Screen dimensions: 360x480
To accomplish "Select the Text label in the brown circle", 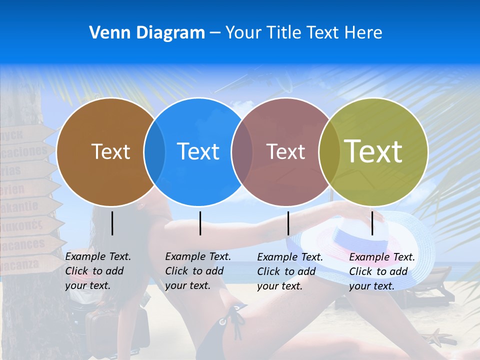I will [x=110, y=151].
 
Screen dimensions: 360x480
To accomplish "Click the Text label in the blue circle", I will [x=198, y=151].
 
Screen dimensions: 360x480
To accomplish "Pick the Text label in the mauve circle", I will [x=285, y=151].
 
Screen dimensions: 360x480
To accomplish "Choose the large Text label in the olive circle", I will [x=373, y=151].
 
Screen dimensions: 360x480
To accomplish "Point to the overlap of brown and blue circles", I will [x=154, y=151].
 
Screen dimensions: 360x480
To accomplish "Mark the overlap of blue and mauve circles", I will [x=242, y=151].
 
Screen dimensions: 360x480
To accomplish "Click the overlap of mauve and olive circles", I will [x=329, y=151].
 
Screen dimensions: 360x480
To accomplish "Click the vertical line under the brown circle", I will [x=112, y=223].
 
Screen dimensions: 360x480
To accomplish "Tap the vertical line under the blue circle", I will [x=200, y=223].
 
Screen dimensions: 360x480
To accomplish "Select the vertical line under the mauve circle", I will [x=288, y=223].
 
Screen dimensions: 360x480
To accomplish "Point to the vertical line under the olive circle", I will [x=372, y=223].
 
